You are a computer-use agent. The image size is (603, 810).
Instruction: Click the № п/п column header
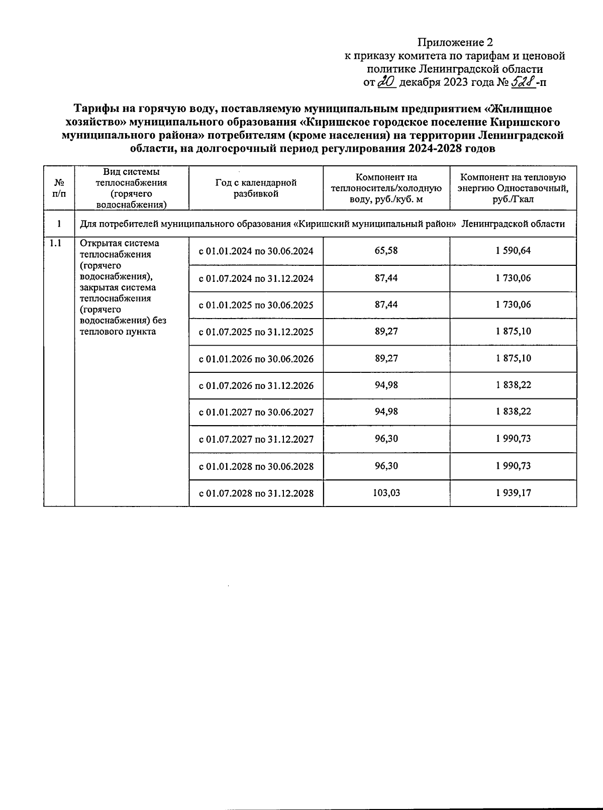59,188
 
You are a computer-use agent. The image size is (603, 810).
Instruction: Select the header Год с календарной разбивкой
256,188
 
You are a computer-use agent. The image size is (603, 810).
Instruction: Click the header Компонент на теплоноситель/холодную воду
386,188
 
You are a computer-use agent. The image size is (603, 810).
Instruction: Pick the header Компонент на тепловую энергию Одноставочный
513,188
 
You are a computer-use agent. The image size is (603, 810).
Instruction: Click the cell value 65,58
386,250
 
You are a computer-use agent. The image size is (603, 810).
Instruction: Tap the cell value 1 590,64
513,250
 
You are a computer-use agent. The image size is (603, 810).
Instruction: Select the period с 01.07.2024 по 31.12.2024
256,278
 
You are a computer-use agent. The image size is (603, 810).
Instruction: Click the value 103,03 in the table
386,492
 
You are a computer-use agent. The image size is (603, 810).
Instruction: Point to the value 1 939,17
513,492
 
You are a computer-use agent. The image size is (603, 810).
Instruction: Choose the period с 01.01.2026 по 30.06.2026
256,359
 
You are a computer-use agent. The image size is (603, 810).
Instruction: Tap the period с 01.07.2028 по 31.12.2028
256,493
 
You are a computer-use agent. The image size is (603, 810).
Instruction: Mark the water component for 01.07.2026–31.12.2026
386,385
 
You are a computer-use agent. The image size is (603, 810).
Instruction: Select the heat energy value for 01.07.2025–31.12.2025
513,331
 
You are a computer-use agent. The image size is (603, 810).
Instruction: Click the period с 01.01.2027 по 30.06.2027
256,413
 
